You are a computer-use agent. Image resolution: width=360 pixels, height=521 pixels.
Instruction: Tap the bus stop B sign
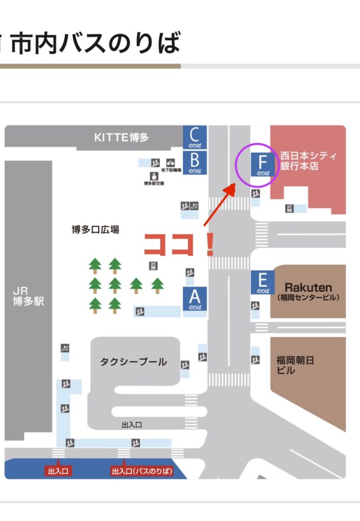195,163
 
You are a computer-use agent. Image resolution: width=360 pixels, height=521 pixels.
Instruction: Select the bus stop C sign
195,137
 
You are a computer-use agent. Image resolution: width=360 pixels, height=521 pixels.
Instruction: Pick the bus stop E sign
263,282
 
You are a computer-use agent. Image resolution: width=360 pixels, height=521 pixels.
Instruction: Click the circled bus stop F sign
263,165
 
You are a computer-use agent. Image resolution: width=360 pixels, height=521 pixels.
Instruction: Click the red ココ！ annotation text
178,245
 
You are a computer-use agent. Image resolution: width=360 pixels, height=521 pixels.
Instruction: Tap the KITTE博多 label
122,137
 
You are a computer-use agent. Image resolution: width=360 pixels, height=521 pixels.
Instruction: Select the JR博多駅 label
29,296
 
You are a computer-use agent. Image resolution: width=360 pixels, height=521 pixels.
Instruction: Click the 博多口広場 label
95,230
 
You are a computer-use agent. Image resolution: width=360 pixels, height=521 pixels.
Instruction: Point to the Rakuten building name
308,287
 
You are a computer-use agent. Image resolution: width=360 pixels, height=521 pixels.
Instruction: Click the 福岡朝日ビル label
295,365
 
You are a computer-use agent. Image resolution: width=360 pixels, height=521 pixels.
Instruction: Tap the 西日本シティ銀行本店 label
309,161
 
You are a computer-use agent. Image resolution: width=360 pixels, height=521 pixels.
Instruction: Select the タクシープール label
133,362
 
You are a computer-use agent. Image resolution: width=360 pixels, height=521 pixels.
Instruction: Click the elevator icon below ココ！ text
153,266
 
